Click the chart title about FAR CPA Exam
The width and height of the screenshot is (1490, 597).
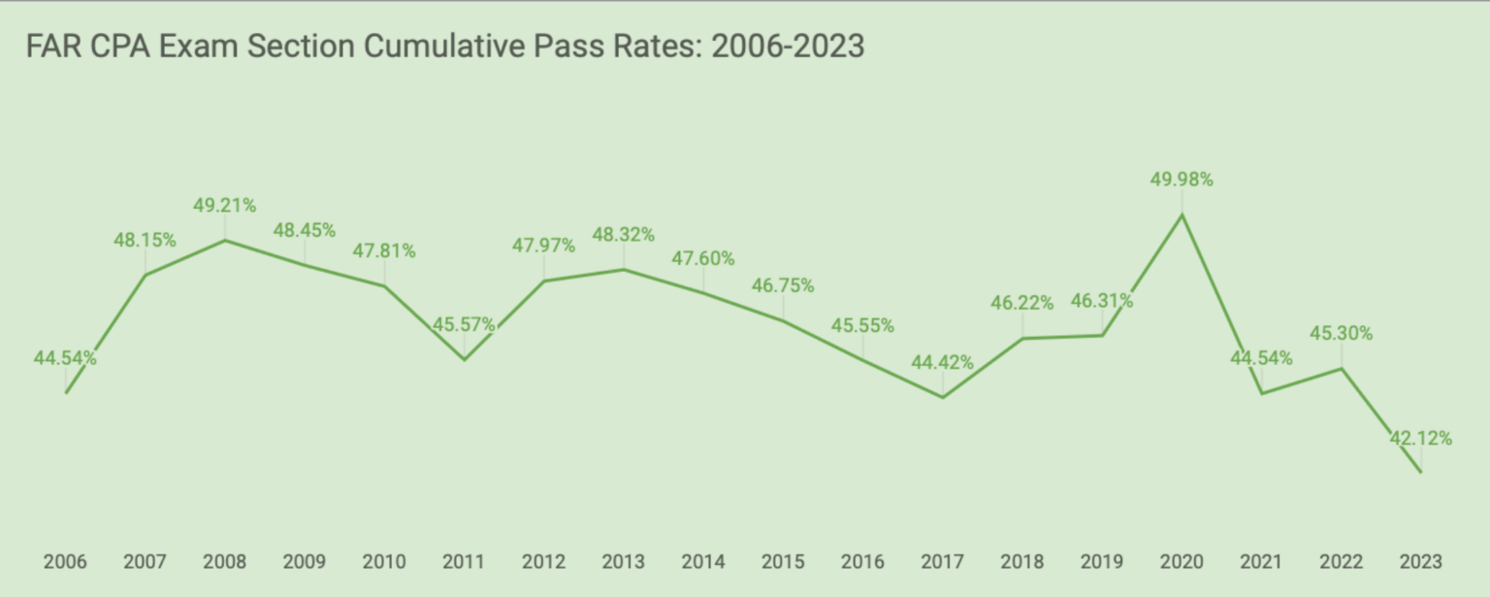click(x=445, y=47)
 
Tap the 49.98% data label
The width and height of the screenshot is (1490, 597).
click(x=1181, y=180)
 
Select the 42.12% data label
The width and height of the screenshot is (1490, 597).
click(x=1420, y=439)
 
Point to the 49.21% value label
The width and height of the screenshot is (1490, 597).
click(x=225, y=205)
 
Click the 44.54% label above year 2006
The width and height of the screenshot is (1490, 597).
click(x=65, y=358)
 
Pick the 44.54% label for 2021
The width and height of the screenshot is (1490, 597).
click(x=1261, y=358)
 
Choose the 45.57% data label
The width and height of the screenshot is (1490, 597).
click(x=464, y=325)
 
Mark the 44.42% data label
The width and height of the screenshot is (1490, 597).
click(x=942, y=363)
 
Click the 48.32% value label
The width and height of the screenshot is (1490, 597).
click(x=623, y=234)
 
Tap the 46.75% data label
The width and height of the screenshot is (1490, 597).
click(x=783, y=286)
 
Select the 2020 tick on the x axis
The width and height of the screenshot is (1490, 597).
click(x=1182, y=562)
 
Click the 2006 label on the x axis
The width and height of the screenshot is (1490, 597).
click(x=65, y=562)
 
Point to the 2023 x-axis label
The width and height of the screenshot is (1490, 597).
click(x=1421, y=562)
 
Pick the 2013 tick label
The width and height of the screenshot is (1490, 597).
click(x=623, y=562)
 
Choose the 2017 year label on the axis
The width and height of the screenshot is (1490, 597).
click(x=942, y=562)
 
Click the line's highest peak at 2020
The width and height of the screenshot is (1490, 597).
click(x=1182, y=214)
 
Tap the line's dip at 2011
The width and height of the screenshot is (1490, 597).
click(x=464, y=360)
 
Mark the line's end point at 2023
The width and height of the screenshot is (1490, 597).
click(x=1421, y=473)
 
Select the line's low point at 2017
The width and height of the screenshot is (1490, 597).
click(x=942, y=397)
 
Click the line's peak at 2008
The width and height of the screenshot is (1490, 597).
click(x=225, y=240)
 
